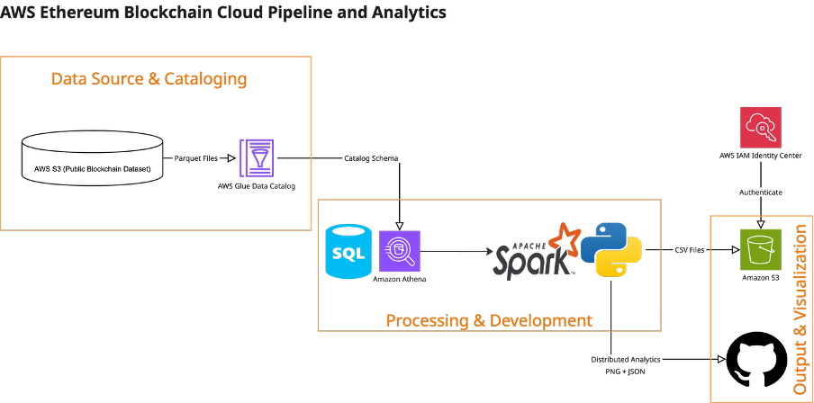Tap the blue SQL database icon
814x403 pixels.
point(348,251)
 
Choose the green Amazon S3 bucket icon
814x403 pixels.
point(761,249)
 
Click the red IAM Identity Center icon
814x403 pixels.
point(761,128)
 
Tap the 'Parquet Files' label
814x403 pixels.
point(196,158)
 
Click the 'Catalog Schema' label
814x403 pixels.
point(371,158)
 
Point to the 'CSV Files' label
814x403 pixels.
point(690,250)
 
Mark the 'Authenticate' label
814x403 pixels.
point(761,193)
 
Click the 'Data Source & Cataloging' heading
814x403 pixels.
point(149,78)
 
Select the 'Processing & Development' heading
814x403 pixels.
point(489,320)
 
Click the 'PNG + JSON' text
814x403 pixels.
point(626,371)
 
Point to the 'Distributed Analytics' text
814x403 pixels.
point(626,359)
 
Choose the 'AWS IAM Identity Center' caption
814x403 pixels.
point(761,156)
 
